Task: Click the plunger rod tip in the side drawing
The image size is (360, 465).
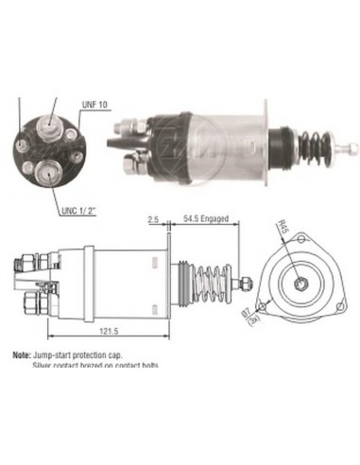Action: (x=249, y=281)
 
